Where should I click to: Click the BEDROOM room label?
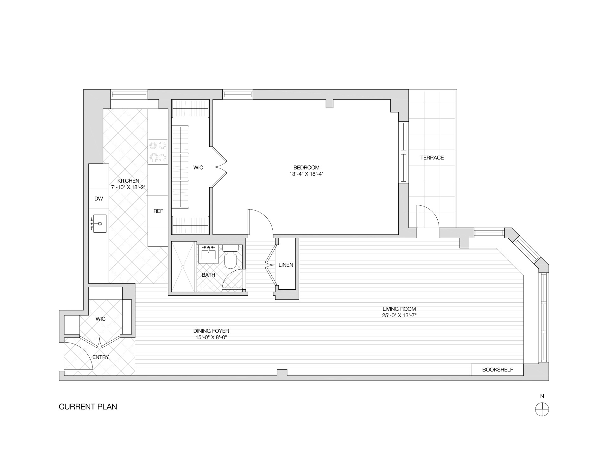[306, 167]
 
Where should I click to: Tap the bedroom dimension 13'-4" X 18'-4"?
[306, 174]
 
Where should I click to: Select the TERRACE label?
[432, 158]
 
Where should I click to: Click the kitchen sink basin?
[99, 223]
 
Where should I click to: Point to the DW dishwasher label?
[99, 199]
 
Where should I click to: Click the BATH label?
[208, 275]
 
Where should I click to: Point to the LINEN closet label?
[286, 265]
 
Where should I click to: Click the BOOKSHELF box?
[497, 370]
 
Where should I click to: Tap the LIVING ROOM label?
[399, 309]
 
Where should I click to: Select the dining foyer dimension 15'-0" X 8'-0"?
[211, 338]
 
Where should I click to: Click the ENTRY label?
[101, 357]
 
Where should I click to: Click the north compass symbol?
[542, 409]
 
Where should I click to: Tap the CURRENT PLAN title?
[88, 407]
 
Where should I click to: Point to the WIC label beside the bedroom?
[198, 167]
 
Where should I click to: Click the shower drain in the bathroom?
[183, 267]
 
